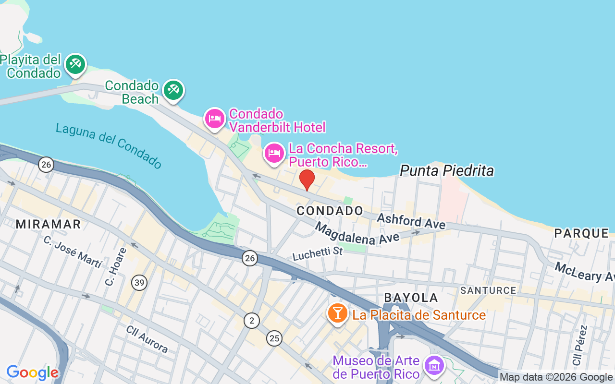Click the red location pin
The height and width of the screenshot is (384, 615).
coord(307,180)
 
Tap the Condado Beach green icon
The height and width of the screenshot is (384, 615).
coord(173,90)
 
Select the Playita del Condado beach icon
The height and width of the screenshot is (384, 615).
coord(75,64)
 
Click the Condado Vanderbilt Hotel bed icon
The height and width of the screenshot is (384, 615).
coord(215,119)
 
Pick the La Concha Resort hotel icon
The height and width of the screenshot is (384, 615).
coord(274,154)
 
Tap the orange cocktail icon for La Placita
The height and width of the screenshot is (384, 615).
coord(338,313)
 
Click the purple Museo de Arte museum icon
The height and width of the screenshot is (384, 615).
coord(434,366)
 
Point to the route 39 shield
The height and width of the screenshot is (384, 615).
coord(139,283)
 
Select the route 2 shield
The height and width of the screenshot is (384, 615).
coord(251,320)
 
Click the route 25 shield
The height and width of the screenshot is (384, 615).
coord(274,338)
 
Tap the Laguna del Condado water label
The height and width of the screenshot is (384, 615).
coord(109,145)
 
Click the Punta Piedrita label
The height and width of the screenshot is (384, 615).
coord(446,171)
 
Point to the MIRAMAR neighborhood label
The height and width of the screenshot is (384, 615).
coord(48,224)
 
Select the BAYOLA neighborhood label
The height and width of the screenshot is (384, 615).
coord(411,298)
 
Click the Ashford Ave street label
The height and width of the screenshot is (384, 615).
coord(411,221)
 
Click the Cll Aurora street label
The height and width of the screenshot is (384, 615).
coord(147,339)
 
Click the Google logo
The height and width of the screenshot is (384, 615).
coord(32,372)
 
